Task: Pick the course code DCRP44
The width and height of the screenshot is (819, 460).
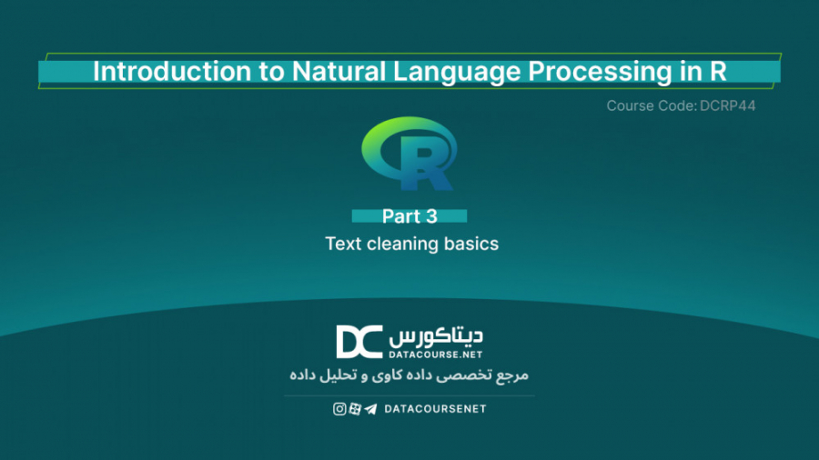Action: pyautogui.click(x=729, y=106)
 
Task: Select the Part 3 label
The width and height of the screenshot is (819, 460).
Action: pyautogui.click(x=409, y=216)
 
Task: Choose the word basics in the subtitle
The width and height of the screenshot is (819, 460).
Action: pyautogui.click(x=472, y=244)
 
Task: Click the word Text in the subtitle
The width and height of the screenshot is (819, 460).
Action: pyautogui.click(x=343, y=244)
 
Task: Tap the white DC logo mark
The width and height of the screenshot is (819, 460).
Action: pyautogui.click(x=359, y=342)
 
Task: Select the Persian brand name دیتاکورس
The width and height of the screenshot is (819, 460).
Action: pyautogui.click(x=436, y=335)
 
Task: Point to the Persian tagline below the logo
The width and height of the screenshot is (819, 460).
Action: pyautogui.click(x=409, y=375)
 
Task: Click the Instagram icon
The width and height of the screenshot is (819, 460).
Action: pyautogui.click(x=339, y=409)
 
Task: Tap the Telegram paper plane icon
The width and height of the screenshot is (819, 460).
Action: pyautogui.click(x=370, y=409)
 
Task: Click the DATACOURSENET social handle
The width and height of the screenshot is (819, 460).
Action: pyautogui.click(x=435, y=409)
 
